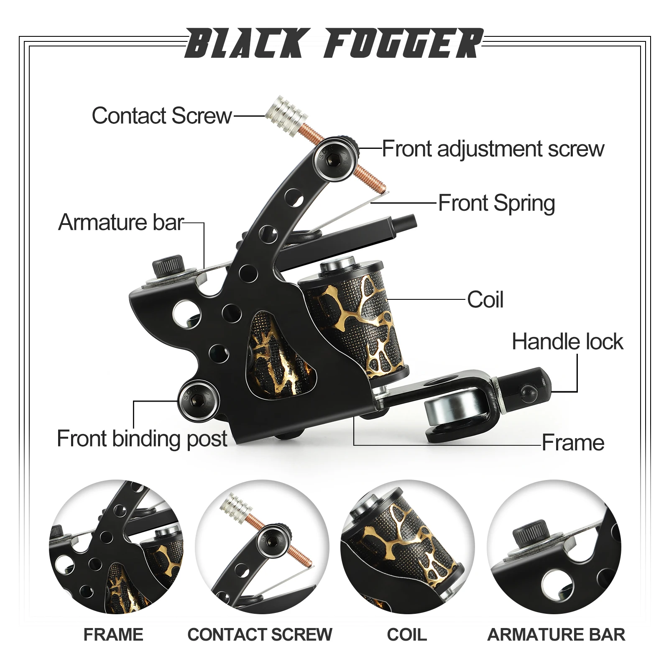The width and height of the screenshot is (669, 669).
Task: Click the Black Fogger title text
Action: point(334,43)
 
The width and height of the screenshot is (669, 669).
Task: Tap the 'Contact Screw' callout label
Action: point(161,115)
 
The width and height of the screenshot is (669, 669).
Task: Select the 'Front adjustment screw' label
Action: point(493,148)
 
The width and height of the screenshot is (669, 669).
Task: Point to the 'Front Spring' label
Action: point(496,203)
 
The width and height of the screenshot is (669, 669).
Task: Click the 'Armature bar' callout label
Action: point(121,222)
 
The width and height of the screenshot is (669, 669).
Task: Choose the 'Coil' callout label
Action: point(485,300)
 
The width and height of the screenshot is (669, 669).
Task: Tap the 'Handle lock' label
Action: point(567,342)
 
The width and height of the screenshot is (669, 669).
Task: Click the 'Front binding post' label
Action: point(142,439)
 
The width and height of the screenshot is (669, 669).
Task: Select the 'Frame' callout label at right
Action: point(573,443)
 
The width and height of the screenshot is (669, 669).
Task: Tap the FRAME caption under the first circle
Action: point(113,635)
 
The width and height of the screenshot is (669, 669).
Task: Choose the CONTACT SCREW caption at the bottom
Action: point(260,635)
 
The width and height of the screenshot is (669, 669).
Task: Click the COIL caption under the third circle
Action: point(407,635)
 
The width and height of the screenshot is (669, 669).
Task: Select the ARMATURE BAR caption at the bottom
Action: point(556,635)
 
